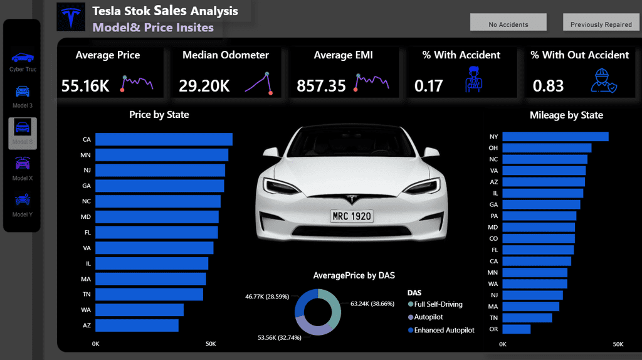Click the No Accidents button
point(508,24)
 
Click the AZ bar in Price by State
point(136,326)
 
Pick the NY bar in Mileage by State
point(555,136)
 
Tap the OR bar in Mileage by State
point(516,329)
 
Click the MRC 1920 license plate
point(352,216)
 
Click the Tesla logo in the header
point(71,17)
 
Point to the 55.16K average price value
point(85,86)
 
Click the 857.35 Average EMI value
point(321,86)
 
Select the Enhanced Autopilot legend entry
point(444,330)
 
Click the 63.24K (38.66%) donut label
point(372,303)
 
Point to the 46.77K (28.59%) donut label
point(267,295)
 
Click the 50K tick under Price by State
point(211,344)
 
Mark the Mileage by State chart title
point(566,115)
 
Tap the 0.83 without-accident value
point(549,86)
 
